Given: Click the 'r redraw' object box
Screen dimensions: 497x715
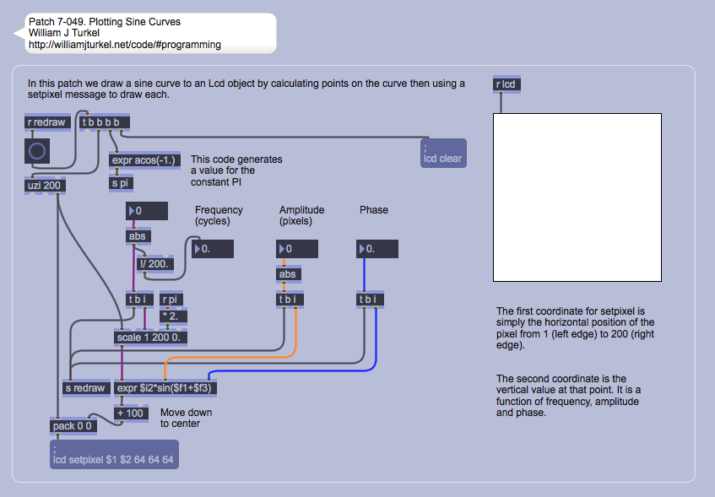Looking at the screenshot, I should point(46,122).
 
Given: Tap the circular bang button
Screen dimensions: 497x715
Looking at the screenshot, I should point(38,151).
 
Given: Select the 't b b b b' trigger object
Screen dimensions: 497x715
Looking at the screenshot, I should point(105,122).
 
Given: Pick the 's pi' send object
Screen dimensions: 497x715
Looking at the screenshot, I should point(121,182).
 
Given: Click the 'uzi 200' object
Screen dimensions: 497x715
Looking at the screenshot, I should point(46,186).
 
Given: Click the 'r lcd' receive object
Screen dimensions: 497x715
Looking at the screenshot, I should point(506,84).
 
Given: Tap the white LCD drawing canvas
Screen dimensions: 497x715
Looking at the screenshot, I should point(577,197).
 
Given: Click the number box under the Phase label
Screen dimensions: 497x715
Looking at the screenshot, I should point(376,249).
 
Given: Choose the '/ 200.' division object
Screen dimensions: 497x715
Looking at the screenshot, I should point(157,263).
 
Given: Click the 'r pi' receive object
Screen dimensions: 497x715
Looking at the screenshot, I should point(171,300).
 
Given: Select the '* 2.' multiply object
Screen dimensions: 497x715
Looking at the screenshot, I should point(174,316).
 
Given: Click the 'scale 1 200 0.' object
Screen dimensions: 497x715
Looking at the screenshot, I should point(151,338).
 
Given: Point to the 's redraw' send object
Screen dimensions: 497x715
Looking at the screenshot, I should point(85,388).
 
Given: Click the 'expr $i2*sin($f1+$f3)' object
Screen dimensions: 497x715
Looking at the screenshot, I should point(166,388).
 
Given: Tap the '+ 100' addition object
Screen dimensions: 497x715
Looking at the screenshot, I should point(130,413).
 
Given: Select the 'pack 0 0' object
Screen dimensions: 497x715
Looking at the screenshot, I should point(73,426).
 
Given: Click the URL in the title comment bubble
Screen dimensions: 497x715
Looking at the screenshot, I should point(125,45).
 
